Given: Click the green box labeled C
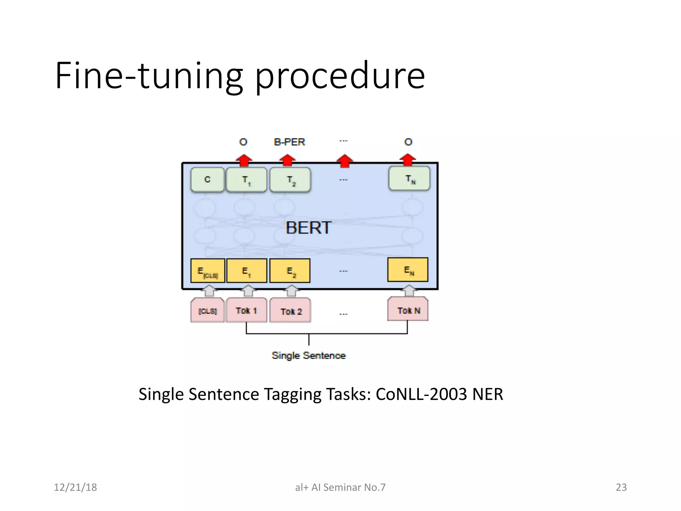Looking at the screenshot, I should pyautogui.click(x=207, y=180).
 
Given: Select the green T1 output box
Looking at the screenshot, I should pyautogui.click(x=246, y=180).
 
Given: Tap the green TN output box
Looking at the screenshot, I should pyautogui.click(x=409, y=179).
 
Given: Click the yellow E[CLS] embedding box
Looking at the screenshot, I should pyautogui.click(x=208, y=271).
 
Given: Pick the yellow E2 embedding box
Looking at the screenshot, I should pyautogui.click(x=290, y=271).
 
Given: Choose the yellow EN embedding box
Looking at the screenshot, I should pyautogui.click(x=408, y=270).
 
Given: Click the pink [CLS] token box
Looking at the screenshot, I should pyautogui.click(x=207, y=311).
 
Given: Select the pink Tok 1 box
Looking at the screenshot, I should pyautogui.click(x=246, y=310).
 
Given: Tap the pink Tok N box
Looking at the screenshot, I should pyautogui.click(x=408, y=310).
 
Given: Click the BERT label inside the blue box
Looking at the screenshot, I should pyautogui.click(x=308, y=228).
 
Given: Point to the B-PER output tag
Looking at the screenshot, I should pyautogui.click(x=289, y=142).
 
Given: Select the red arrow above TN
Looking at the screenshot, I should pyautogui.click(x=408, y=160).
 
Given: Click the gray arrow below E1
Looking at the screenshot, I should pyautogui.click(x=248, y=291).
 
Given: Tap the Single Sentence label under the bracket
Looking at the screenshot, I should pyautogui.click(x=309, y=355).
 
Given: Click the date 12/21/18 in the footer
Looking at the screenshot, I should pyautogui.click(x=75, y=487).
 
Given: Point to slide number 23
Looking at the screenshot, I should pyautogui.click(x=621, y=487).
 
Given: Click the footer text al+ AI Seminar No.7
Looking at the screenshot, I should pyautogui.click(x=340, y=487).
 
